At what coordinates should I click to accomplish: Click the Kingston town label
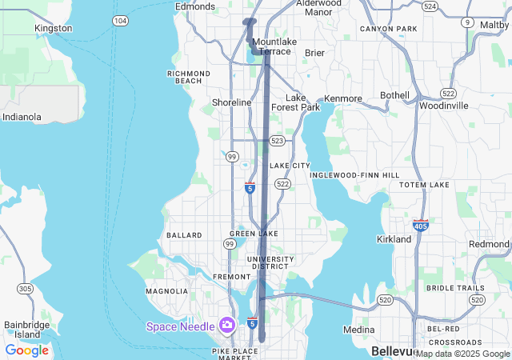53,28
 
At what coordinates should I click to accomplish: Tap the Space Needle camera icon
227,326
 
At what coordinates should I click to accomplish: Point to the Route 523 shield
278,141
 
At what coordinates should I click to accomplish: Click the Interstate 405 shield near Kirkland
420,226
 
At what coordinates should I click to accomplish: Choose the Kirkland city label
394,239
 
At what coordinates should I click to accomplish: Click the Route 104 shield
120,21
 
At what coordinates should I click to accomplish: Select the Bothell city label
394,95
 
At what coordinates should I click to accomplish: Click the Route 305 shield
25,288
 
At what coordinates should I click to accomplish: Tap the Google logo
26,350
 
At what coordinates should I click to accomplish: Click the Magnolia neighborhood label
166,291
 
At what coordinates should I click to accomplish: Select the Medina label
358,330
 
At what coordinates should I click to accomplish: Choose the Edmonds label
195,6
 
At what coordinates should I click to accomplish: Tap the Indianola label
22,117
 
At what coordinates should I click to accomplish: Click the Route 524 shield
430,6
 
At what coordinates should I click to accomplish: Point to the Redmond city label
489,244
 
